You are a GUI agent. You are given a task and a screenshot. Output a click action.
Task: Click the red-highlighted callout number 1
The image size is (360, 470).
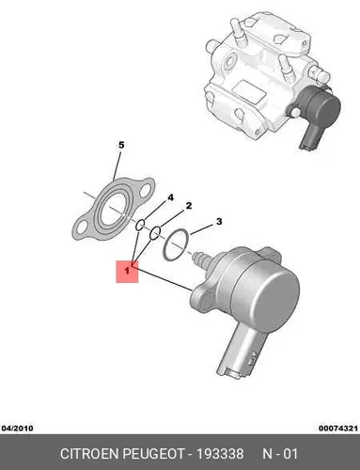pyautogui.click(x=127, y=272)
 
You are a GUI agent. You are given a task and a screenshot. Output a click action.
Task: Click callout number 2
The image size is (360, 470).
pyautogui.click(x=189, y=206)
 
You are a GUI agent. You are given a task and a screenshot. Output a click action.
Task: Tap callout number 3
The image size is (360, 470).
pyautogui.click(x=219, y=222)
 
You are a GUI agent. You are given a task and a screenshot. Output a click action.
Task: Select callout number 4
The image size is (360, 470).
pyautogui.click(x=170, y=197)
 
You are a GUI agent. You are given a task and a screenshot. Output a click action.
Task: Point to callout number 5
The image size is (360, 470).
pyautogui.click(x=121, y=145)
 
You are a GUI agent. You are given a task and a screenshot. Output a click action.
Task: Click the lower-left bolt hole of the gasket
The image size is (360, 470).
pyautogui.click(x=82, y=227)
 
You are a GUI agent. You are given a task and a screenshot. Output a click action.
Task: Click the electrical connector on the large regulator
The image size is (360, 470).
pyautogui.click(x=239, y=354)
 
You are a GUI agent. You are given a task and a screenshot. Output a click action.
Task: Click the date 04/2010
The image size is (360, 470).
pyautogui.click(x=17, y=428)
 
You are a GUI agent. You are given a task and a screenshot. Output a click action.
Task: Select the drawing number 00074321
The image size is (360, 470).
pyautogui.click(x=338, y=428)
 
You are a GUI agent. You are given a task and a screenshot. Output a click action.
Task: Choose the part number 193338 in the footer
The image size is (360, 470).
pyautogui.click(x=220, y=454)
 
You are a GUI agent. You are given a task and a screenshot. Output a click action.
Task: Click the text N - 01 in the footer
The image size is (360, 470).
pyautogui.click(x=280, y=454)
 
